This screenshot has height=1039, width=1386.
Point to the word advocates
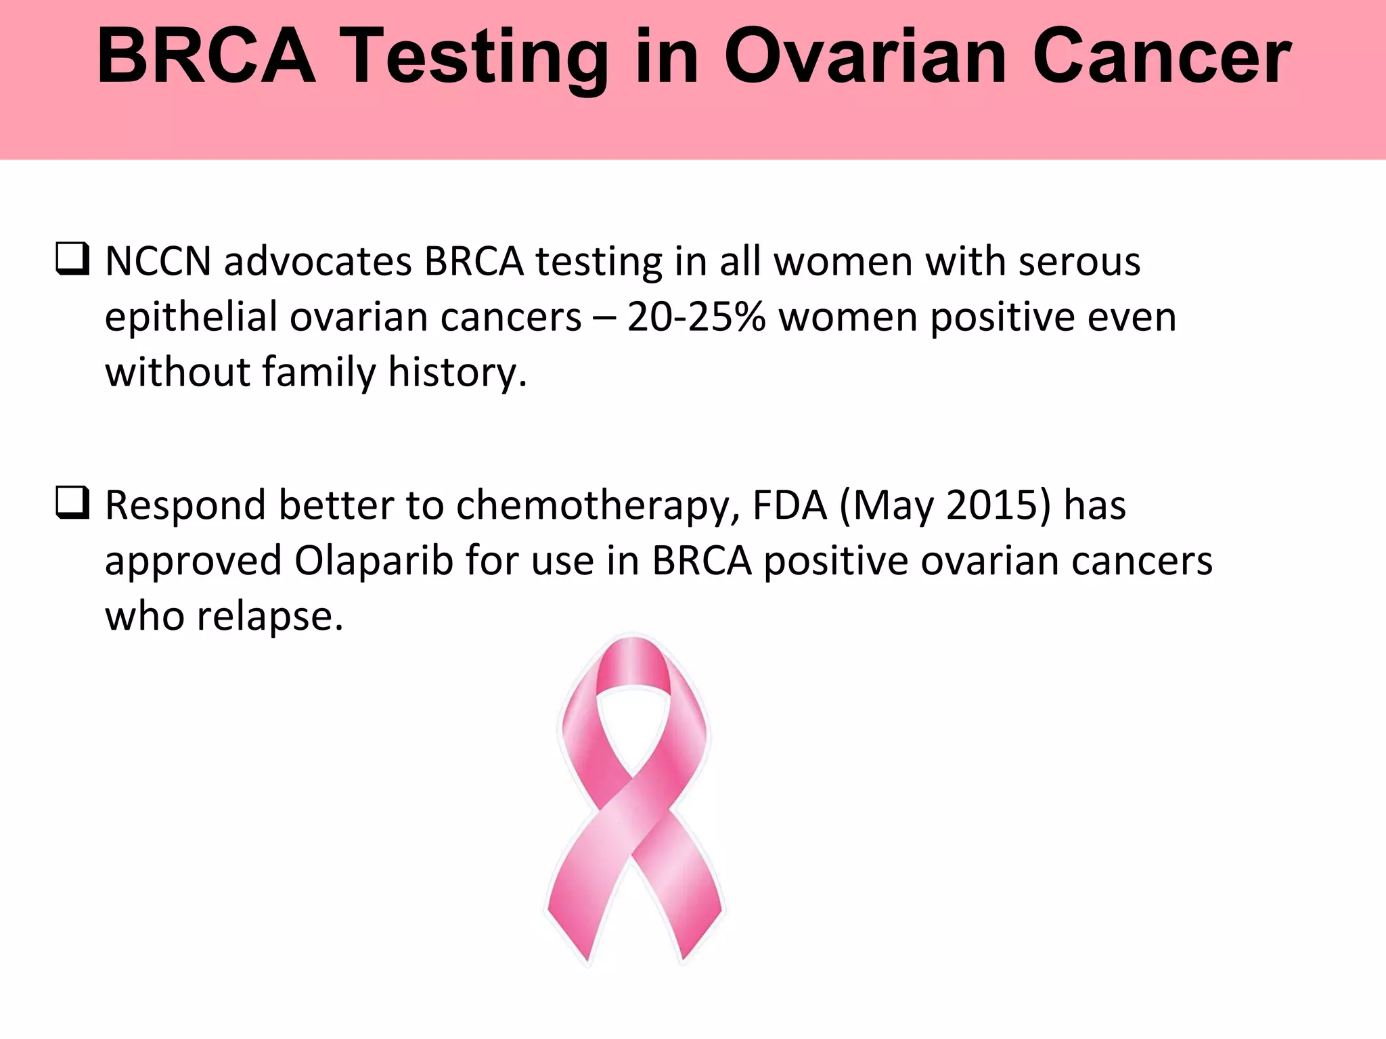coord(317,262)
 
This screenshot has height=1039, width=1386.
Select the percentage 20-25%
coord(696,317)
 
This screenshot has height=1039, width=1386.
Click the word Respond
coord(185,506)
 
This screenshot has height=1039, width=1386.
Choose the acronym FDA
coord(790,506)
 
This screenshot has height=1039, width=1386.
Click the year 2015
coord(991,506)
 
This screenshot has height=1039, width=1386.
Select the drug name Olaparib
coord(374,561)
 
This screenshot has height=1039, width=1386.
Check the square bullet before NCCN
coord(72,261)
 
